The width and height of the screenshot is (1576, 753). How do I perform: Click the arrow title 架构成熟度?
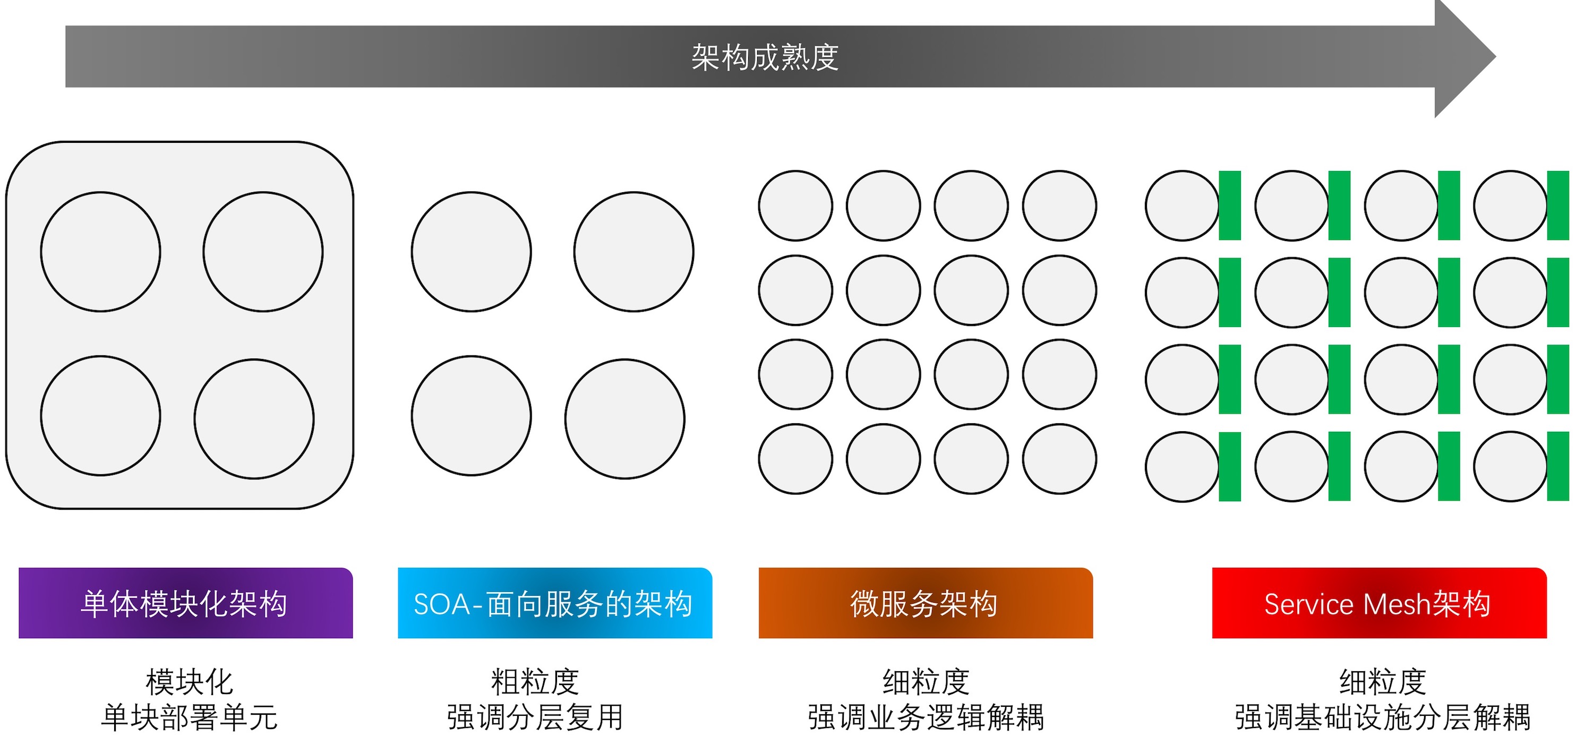[x=765, y=57]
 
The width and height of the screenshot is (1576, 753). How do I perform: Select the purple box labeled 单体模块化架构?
[x=185, y=603]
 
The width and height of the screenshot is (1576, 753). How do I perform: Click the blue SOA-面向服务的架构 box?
[x=554, y=603]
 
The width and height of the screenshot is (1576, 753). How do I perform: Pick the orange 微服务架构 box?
[x=925, y=603]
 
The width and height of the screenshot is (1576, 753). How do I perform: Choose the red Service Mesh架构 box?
[x=1379, y=603]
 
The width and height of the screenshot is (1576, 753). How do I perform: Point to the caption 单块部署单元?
[x=189, y=717]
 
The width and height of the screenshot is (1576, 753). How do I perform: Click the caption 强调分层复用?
[x=535, y=717]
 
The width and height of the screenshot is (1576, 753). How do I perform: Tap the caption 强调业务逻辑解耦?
[x=926, y=717]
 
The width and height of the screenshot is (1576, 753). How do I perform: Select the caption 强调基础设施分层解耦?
[x=1382, y=717]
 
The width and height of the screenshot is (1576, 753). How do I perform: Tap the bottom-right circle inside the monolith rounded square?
[x=254, y=419]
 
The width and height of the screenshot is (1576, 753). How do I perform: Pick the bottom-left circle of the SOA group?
[x=471, y=416]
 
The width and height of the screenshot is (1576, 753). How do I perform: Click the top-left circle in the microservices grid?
[x=795, y=206]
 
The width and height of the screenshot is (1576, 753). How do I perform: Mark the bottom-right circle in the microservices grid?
[x=1059, y=459]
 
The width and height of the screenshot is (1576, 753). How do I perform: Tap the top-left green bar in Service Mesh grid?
[x=1230, y=206]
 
